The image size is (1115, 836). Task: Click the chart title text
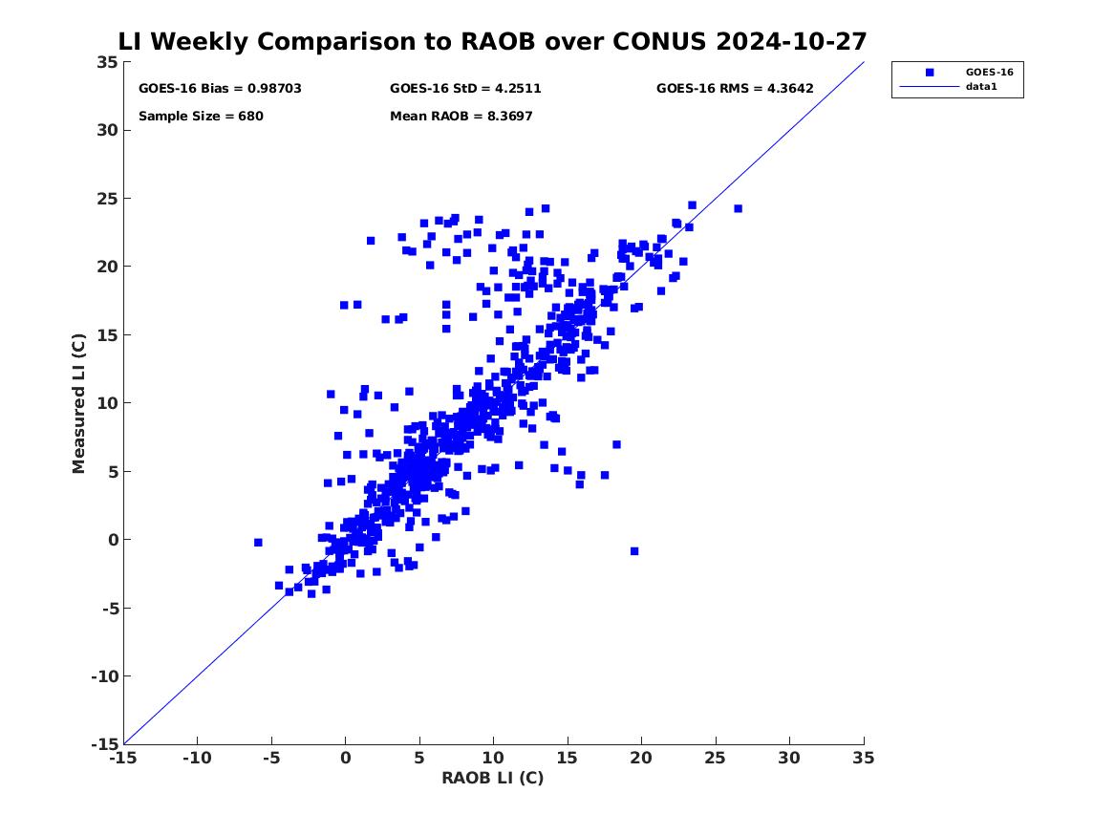click(x=492, y=42)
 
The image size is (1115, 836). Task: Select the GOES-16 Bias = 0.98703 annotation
click(x=220, y=89)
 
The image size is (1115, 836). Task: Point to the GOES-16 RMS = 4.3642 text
click(x=734, y=89)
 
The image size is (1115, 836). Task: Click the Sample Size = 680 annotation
click(x=201, y=117)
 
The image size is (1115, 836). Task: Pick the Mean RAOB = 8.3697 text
click(x=461, y=117)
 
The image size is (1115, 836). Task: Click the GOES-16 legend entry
click(x=988, y=72)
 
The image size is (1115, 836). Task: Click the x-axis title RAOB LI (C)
click(x=492, y=778)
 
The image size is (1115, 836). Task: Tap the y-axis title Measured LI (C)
click(x=80, y=402)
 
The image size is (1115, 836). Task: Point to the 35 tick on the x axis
click(x=863, y=758)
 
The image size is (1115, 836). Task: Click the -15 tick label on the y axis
click(x=108, y=744)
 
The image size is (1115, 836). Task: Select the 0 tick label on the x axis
click(x=345, y=758)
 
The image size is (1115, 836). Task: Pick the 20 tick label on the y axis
click(x=108, y=267)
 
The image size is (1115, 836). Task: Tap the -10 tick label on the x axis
click(x=197, y=758)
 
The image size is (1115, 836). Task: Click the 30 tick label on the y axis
click(x=108, y=130)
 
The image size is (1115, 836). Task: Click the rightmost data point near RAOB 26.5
click(x=738, y=208)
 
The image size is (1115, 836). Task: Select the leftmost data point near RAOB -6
click(x=258, y=543)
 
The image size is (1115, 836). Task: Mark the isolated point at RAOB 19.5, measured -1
click(x=634, y=551)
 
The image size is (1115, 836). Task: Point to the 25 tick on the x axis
click(x=715, y=758)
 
